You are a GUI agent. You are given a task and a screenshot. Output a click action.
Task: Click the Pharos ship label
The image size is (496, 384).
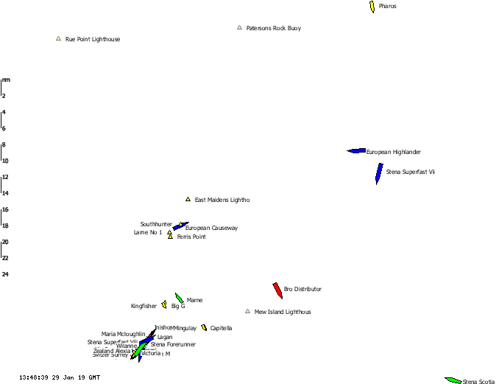[x=388, y=6]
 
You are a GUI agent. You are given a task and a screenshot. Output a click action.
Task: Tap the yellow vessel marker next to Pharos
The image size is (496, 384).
[x=372, y=6]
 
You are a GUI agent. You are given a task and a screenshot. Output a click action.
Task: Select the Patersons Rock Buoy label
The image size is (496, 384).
[x=274, y=29]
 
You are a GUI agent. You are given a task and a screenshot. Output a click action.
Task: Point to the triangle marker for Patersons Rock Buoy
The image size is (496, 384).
[x=239, y=28]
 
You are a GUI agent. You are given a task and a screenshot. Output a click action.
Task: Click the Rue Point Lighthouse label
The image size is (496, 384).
[x=93, y=39]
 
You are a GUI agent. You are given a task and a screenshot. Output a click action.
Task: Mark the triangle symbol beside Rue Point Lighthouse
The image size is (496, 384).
[x=58, y=38]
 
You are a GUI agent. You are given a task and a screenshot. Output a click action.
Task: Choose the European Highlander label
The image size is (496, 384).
[x=394, y=152]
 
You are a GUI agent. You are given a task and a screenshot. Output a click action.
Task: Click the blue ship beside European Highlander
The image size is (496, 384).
[x=357, y=151]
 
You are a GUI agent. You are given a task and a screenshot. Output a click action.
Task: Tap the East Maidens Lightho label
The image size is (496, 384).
[x=222, y=200]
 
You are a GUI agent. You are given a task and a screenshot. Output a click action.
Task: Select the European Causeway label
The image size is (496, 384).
[x=211, y=228]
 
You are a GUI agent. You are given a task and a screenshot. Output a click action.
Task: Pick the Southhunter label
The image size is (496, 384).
[x=156, y=224]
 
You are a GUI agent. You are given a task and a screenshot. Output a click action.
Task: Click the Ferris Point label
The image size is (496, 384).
[x=191, y=237]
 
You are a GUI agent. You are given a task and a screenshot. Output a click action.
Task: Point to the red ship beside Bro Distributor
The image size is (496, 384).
[x=278, y=290]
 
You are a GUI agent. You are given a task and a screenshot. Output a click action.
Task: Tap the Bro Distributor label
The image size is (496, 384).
[x=302, y=289]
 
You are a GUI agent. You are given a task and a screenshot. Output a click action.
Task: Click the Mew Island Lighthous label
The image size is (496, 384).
[x=283, y=313]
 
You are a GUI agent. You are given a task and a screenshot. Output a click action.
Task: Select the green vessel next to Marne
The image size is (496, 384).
[x=179, y=299]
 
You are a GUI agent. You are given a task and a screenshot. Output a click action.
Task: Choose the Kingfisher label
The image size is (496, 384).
[x=144, y=306]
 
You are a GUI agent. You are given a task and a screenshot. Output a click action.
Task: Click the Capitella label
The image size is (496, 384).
[x=221, y=328]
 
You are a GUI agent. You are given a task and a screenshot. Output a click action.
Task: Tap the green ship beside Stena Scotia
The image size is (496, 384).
[x=453, y=380]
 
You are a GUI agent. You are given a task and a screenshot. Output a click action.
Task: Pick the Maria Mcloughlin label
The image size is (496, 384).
[x=124, y=335]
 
